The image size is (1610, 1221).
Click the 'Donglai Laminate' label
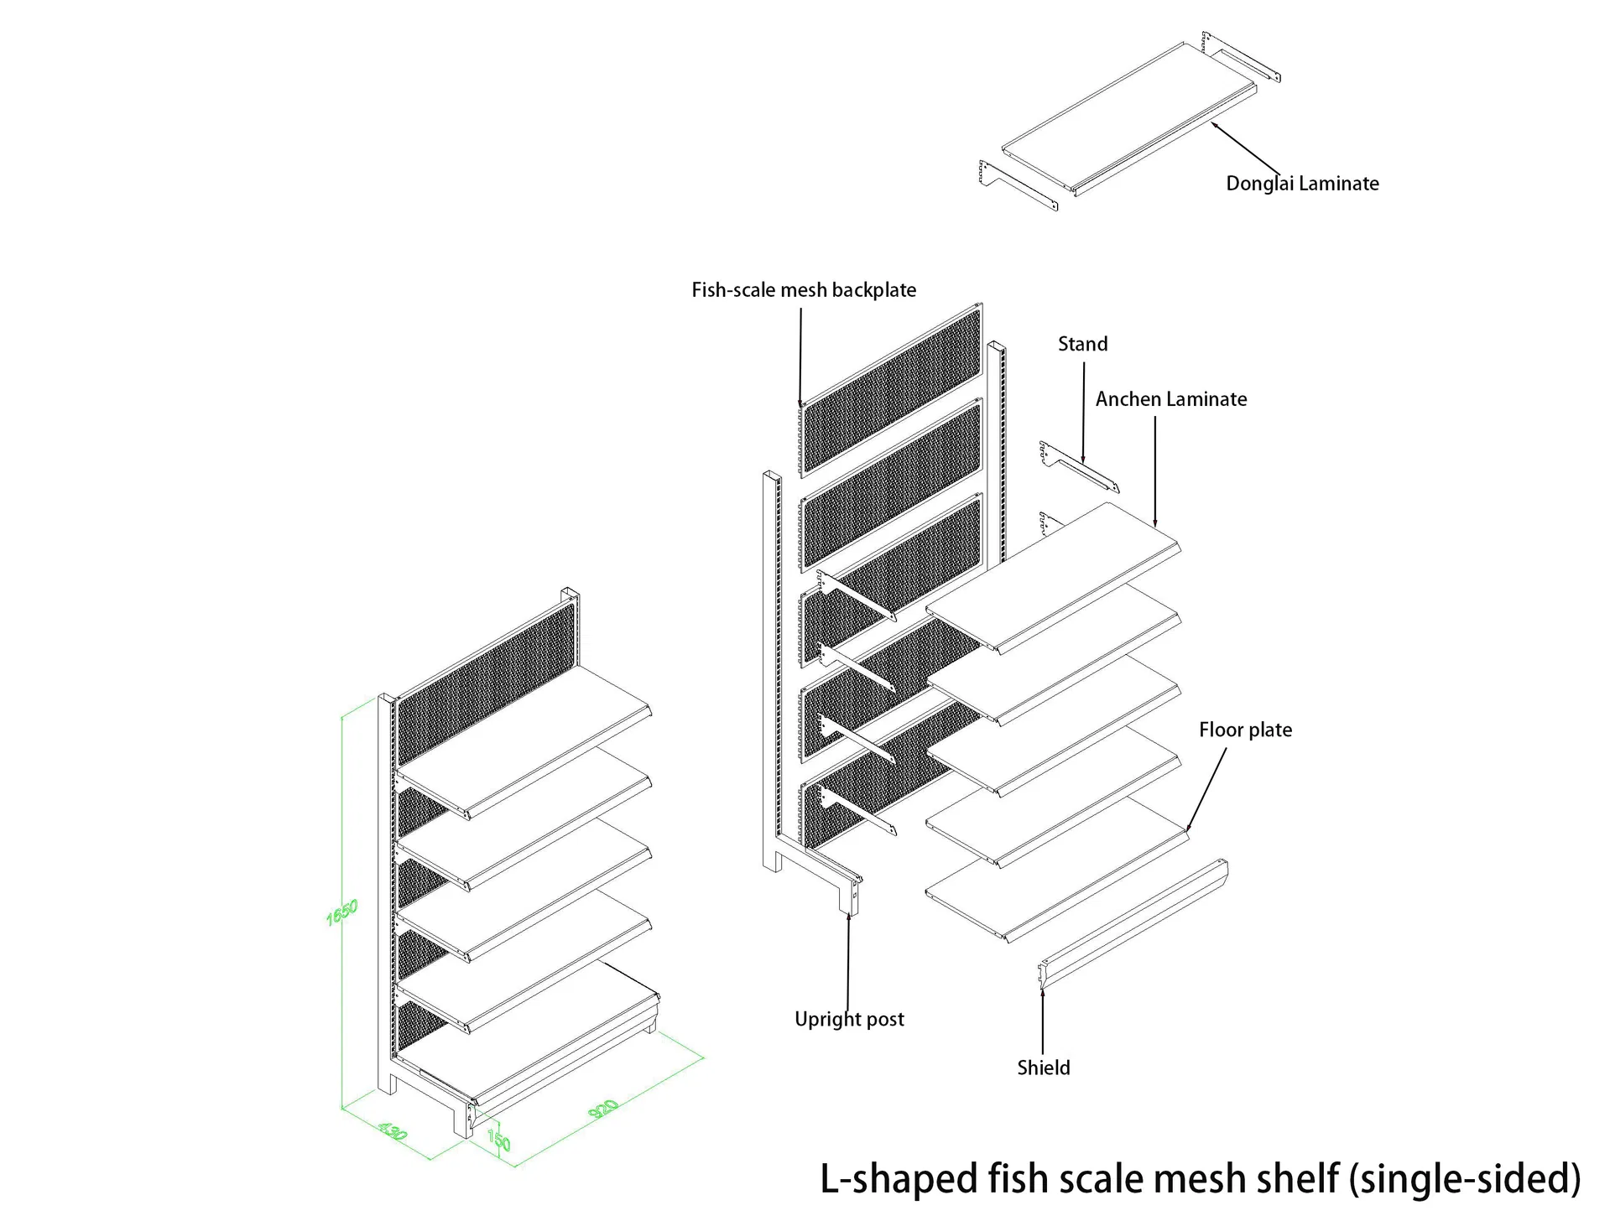1302,184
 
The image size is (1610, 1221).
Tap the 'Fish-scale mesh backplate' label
804,290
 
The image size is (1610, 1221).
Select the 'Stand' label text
1082,344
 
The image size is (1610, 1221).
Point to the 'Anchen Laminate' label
1171,399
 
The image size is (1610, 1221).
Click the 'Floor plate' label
1245,730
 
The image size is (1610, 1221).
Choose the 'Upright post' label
849,1020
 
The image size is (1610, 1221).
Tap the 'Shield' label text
1043,1068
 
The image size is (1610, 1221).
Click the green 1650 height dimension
342,912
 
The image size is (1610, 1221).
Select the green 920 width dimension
603,1109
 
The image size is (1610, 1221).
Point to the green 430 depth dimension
393,1131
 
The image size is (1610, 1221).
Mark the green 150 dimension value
498,1140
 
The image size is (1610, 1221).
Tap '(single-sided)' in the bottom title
1465,1179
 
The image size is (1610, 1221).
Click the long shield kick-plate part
1133,925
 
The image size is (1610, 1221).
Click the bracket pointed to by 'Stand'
1080,467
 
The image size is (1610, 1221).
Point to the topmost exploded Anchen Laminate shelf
1054,578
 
